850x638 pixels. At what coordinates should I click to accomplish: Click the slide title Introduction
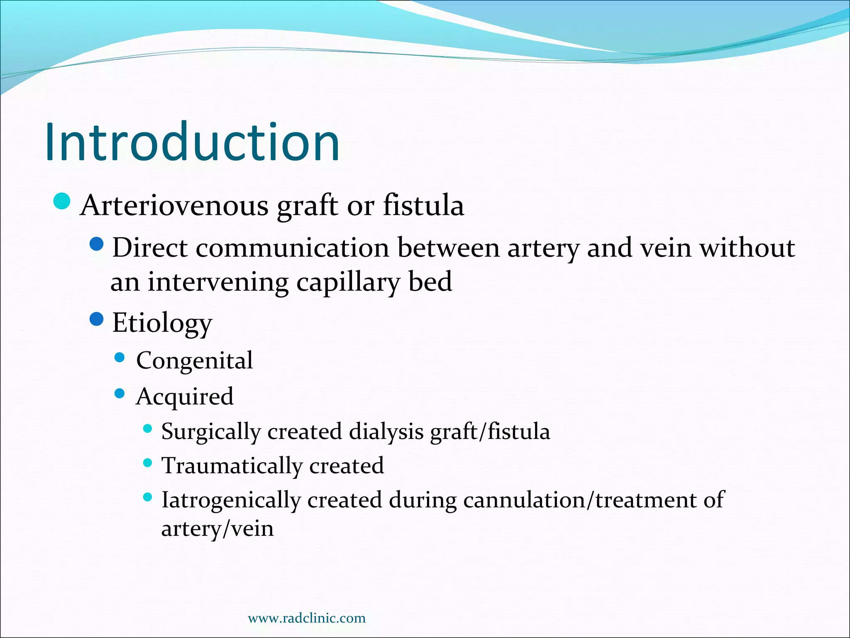pos(192,142)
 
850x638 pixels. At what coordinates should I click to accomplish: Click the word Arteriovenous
pos(174,205)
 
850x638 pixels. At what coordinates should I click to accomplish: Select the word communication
pos(292,248)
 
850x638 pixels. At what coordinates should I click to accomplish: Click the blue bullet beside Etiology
pos(96,319)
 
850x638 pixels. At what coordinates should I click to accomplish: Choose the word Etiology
pos(162,323)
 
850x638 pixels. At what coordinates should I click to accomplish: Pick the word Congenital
pos(194,360)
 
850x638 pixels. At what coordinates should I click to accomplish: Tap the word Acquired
pos(185,396)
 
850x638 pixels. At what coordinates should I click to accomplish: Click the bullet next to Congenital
pos(120,358)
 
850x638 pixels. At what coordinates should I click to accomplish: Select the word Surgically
pos(211,432)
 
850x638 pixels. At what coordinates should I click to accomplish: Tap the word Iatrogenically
pos(231,500)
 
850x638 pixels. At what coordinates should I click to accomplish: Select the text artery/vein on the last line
pos(217,529)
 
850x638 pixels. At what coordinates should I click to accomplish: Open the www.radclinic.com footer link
pos(307,618)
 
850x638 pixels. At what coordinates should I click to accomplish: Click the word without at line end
pos(747,248)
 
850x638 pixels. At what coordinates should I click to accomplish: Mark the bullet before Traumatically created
pos(147,463)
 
